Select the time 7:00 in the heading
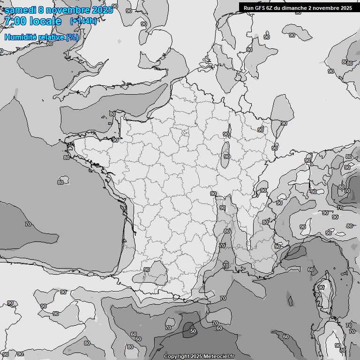point(15,22)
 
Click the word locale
point(45,22)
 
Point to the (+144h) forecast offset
point(83,21)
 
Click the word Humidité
point(22,37)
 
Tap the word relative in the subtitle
point(52,37)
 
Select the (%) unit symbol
point(72,37)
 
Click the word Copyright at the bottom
point(176,357)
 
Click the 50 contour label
point(193,331)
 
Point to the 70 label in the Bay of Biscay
point(28,224)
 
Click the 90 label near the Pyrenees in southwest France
point(147,270)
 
